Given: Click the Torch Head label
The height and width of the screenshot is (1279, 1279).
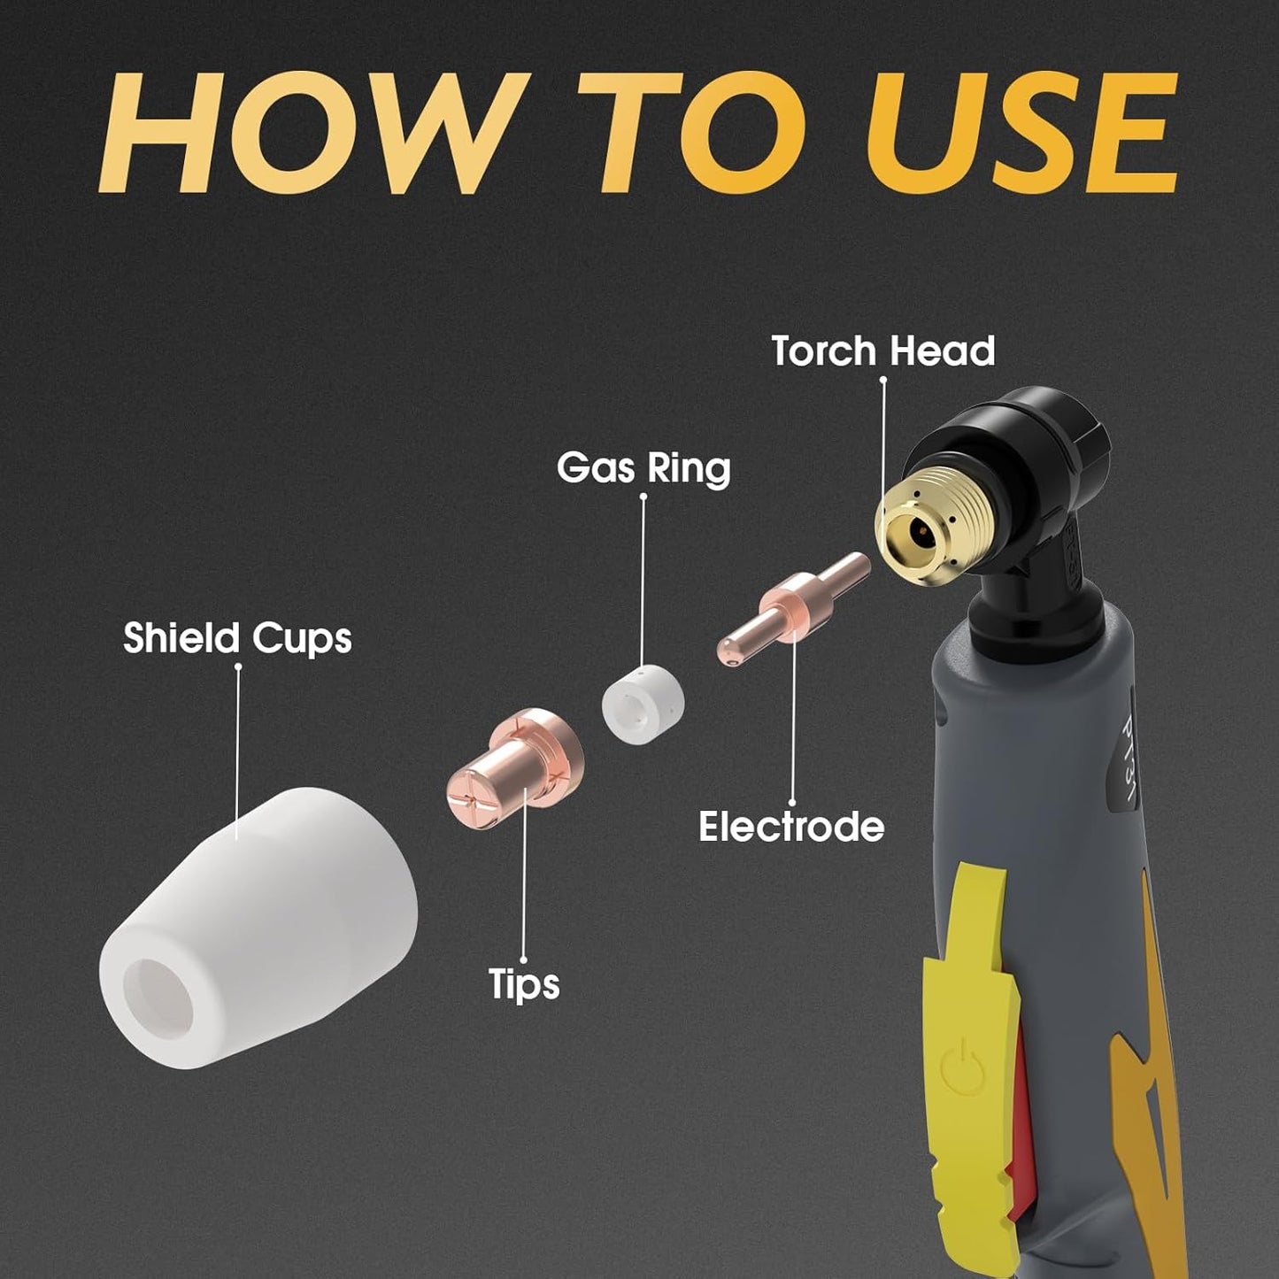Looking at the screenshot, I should click(x=882, y=351).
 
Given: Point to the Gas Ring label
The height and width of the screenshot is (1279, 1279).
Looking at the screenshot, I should click(x=643, y=467).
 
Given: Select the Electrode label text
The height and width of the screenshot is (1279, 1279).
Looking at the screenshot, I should click(x=791, y=827).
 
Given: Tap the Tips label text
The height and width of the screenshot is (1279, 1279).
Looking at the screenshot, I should click(x=524, y=983).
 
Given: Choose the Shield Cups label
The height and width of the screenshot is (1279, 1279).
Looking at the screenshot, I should click(x=237, y=638).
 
